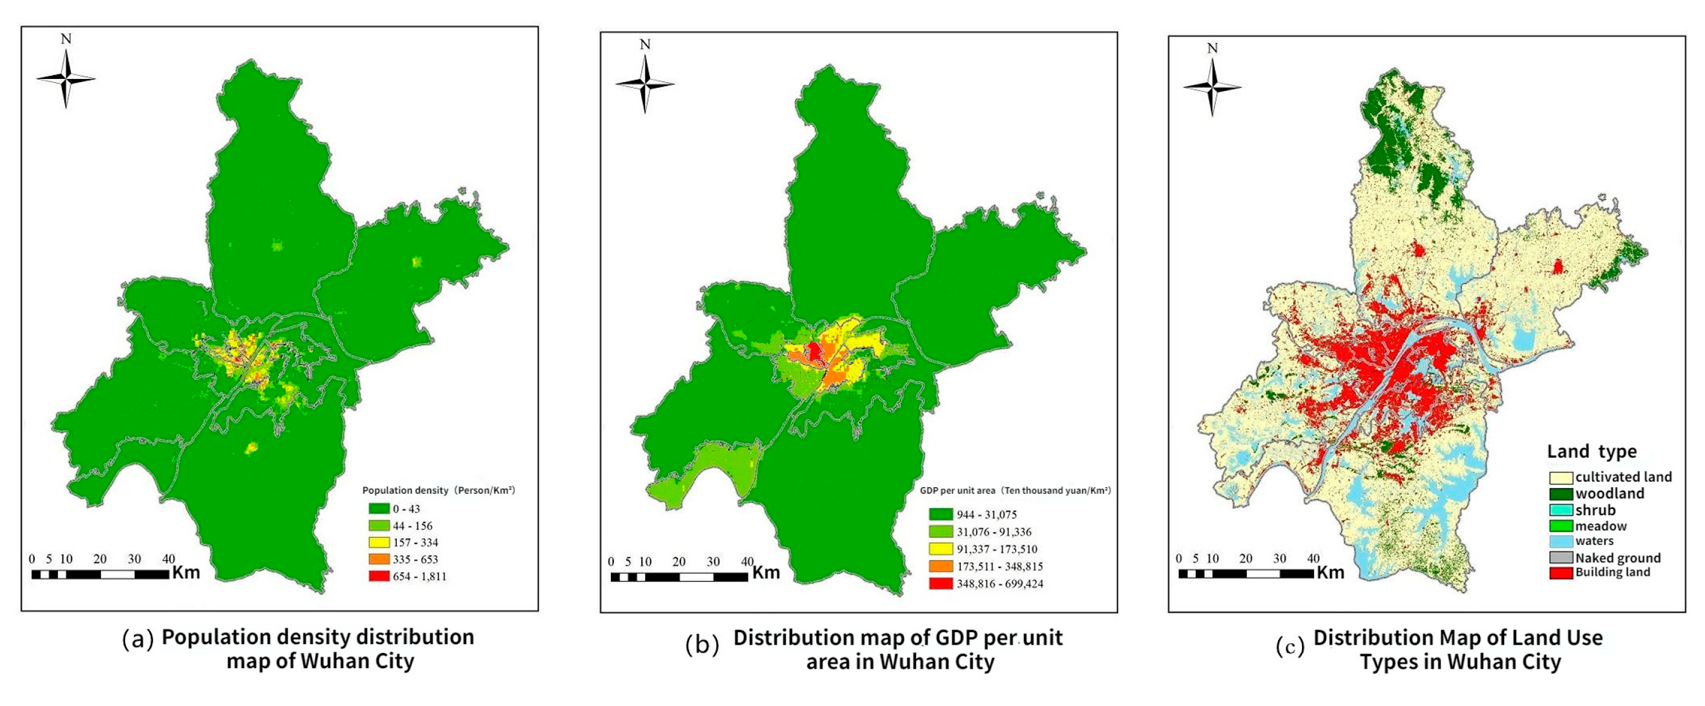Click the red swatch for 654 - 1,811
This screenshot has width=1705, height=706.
(x=379, y=576)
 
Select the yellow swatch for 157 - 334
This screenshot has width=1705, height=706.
(x=379, y=542)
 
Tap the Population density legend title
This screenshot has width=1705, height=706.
(x=438, y=490)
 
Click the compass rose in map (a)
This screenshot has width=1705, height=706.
(x=66, y=79)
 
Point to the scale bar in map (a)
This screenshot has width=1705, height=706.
(x=100, y=574)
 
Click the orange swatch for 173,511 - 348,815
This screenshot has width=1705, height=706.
(x=941, y=566)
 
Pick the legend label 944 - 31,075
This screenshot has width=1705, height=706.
(x=987, y=514)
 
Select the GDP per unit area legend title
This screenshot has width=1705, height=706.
(x=1015, y=490)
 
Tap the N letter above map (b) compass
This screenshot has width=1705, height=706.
(x=646, y=44)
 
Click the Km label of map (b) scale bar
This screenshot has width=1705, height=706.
(x=766, y=572)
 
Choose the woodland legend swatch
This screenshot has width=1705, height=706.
(x=1561, y=494)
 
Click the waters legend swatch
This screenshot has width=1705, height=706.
(x=1561, y=541)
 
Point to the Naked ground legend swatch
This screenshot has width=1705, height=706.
(x=1561, y=557)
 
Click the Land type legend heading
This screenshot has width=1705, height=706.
(x=1591, y=452)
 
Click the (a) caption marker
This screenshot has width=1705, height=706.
(x=138, y=639)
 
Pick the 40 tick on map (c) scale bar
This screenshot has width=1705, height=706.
(x=1313, y=558)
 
